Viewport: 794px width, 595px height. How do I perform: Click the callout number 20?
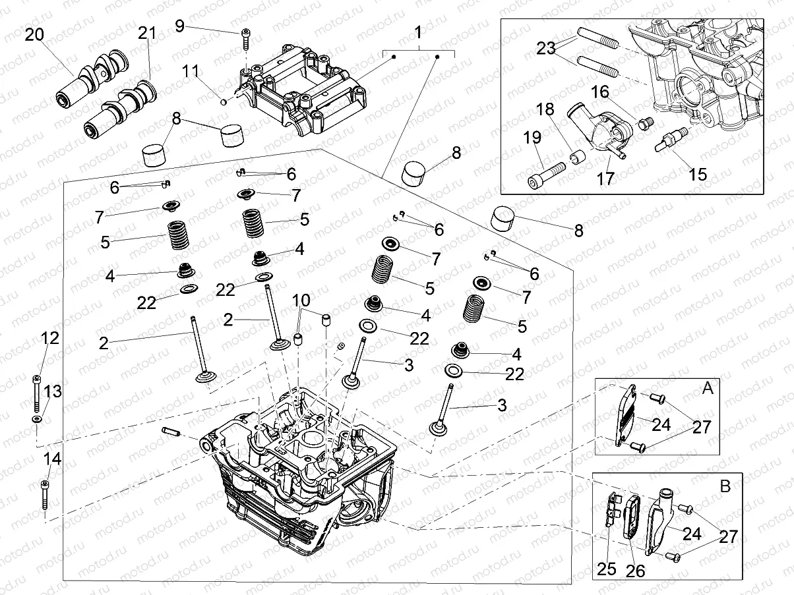pos(34,34)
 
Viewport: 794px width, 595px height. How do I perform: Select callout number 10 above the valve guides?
pos(301,300)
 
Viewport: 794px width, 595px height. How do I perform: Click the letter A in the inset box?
pos(708,389)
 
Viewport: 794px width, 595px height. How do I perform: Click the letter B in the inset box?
pos(725,486)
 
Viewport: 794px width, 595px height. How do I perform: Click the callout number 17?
pos(605,178)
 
